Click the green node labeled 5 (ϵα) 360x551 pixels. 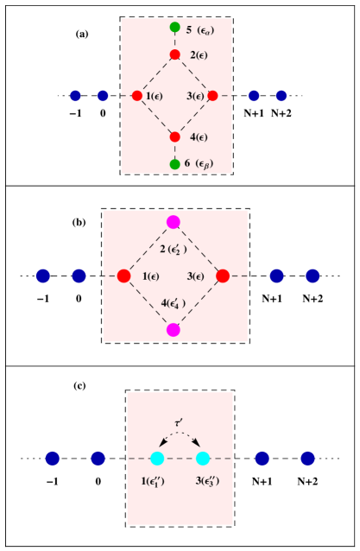point(174,28)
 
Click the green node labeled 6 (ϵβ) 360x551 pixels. point(174,164)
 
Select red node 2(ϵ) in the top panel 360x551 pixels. point(174,54)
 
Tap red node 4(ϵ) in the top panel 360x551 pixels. point(174,136)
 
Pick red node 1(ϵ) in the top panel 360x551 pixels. point(137,96)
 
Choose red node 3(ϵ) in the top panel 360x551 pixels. point(212,96)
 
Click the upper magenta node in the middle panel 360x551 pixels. point(174,222)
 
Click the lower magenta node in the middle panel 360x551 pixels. point(174,330)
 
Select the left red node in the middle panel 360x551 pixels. point(123,276)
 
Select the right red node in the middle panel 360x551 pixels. point(223,276)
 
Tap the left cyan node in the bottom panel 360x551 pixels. point(157,459)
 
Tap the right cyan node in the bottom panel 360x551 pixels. point(203,459)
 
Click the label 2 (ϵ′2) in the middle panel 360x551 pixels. point(174,250)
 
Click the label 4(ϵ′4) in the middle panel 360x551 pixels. point(174,303)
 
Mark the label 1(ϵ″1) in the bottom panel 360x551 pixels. point(156,481)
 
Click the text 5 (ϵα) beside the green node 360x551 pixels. point(199,30)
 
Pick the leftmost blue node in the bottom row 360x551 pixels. point(53,459)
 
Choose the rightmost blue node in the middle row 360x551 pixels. point(313,276)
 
